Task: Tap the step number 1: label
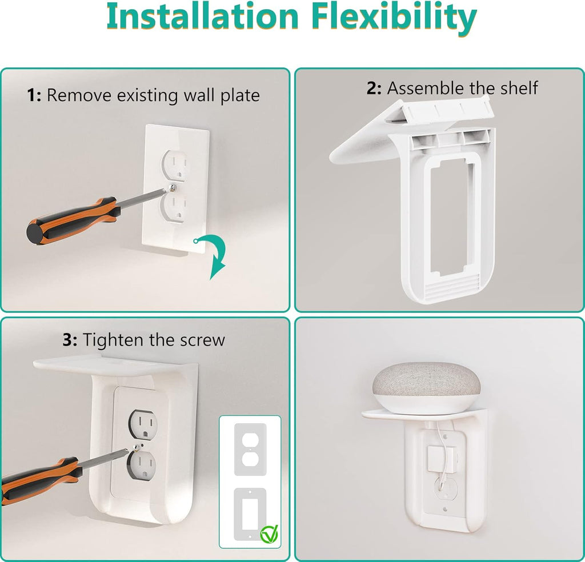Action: tap(34, 95)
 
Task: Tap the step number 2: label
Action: tap(374, 88)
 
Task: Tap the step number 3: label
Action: tap(70, 340)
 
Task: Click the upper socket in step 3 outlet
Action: tap(142, 423)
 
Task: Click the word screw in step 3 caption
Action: tap(200, 340)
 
